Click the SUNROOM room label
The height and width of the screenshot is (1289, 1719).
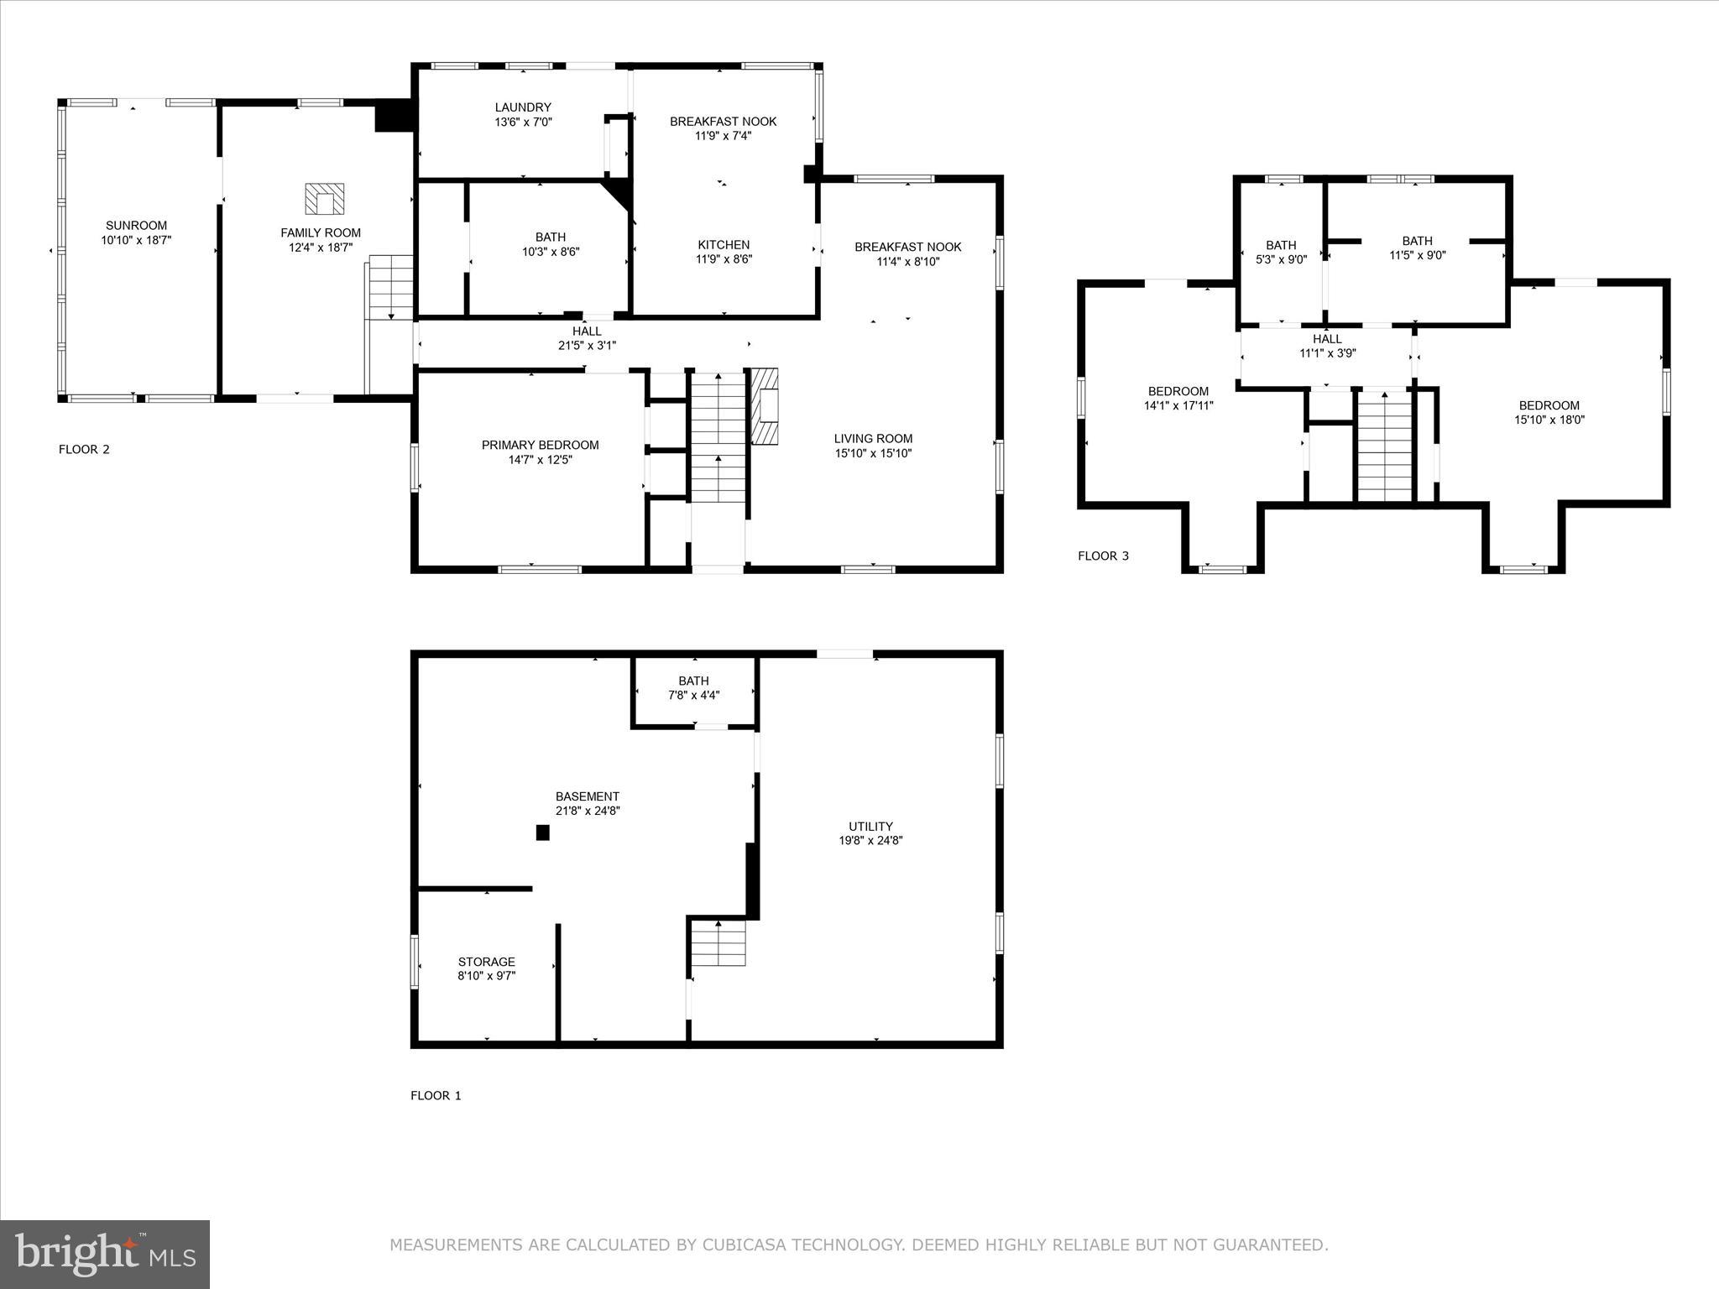pos(136,225)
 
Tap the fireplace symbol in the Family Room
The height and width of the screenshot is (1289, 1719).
pos(324,200)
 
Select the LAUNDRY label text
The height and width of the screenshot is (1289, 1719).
pos(523,107)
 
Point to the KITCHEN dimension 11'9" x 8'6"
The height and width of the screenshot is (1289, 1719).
pos(724,259)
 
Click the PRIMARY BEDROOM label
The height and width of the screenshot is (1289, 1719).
pos(540,445)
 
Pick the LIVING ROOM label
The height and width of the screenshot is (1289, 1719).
pos(873,438)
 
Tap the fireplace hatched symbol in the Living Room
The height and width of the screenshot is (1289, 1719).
pos(764,406)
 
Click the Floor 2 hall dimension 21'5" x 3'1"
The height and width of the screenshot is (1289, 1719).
pos(587,345)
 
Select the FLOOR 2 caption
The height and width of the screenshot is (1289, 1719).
pos(84,449)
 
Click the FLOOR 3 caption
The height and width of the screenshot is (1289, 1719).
pos(1103,556)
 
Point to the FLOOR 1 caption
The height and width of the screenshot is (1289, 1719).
pos(436,1095)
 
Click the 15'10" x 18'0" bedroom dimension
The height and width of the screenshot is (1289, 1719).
pos(1549,420)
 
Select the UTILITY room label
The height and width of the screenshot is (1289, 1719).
pos(870,826)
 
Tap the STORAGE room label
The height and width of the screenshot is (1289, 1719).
pos(487,962)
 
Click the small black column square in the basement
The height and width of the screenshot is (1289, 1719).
pos(542,832)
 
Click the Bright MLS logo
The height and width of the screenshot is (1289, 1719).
pos(105,1253)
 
